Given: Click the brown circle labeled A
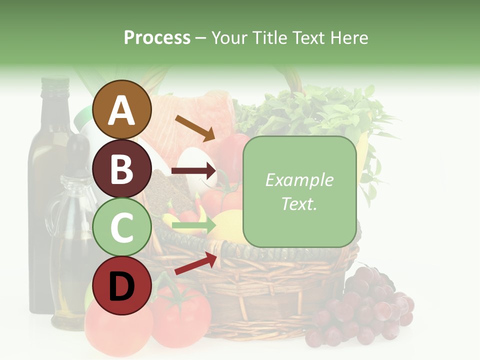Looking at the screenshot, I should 121,109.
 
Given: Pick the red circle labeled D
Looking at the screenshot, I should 121,285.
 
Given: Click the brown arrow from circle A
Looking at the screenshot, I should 195,127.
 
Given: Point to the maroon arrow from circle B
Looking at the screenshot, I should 194,171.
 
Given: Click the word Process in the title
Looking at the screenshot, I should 157,37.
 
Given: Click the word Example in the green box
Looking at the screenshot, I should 299,180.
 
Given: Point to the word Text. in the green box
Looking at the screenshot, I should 299,203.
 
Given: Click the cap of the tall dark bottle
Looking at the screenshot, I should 55,83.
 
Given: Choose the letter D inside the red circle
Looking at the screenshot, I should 121,286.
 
